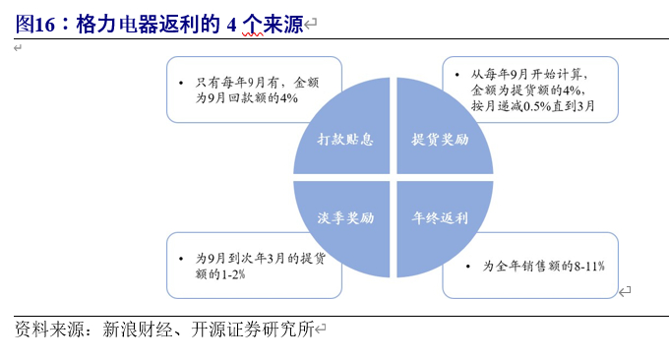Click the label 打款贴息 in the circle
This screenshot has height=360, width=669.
[345, 139]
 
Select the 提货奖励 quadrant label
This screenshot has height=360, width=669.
[440, 139]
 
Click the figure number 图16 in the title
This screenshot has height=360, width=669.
[34, 25]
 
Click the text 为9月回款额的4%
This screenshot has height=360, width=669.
[246, 98]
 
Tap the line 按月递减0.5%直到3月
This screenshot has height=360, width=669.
[530, 105]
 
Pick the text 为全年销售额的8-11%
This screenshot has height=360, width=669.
[543, 266]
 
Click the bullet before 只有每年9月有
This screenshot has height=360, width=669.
[180, 83]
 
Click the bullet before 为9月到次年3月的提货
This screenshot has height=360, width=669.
[180, 259]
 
